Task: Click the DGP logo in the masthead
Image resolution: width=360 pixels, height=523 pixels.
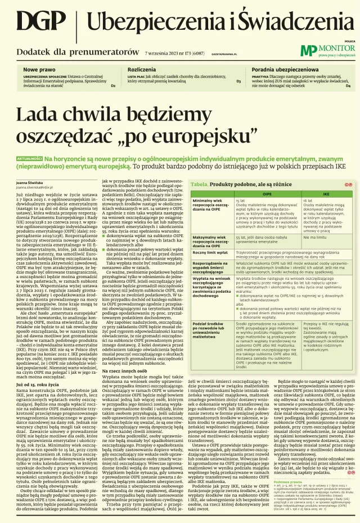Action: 37,22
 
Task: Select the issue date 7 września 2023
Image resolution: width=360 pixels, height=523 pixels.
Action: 151,52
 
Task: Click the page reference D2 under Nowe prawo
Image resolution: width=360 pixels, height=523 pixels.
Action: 113,86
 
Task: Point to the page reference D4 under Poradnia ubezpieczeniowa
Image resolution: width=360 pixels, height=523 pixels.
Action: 348,86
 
